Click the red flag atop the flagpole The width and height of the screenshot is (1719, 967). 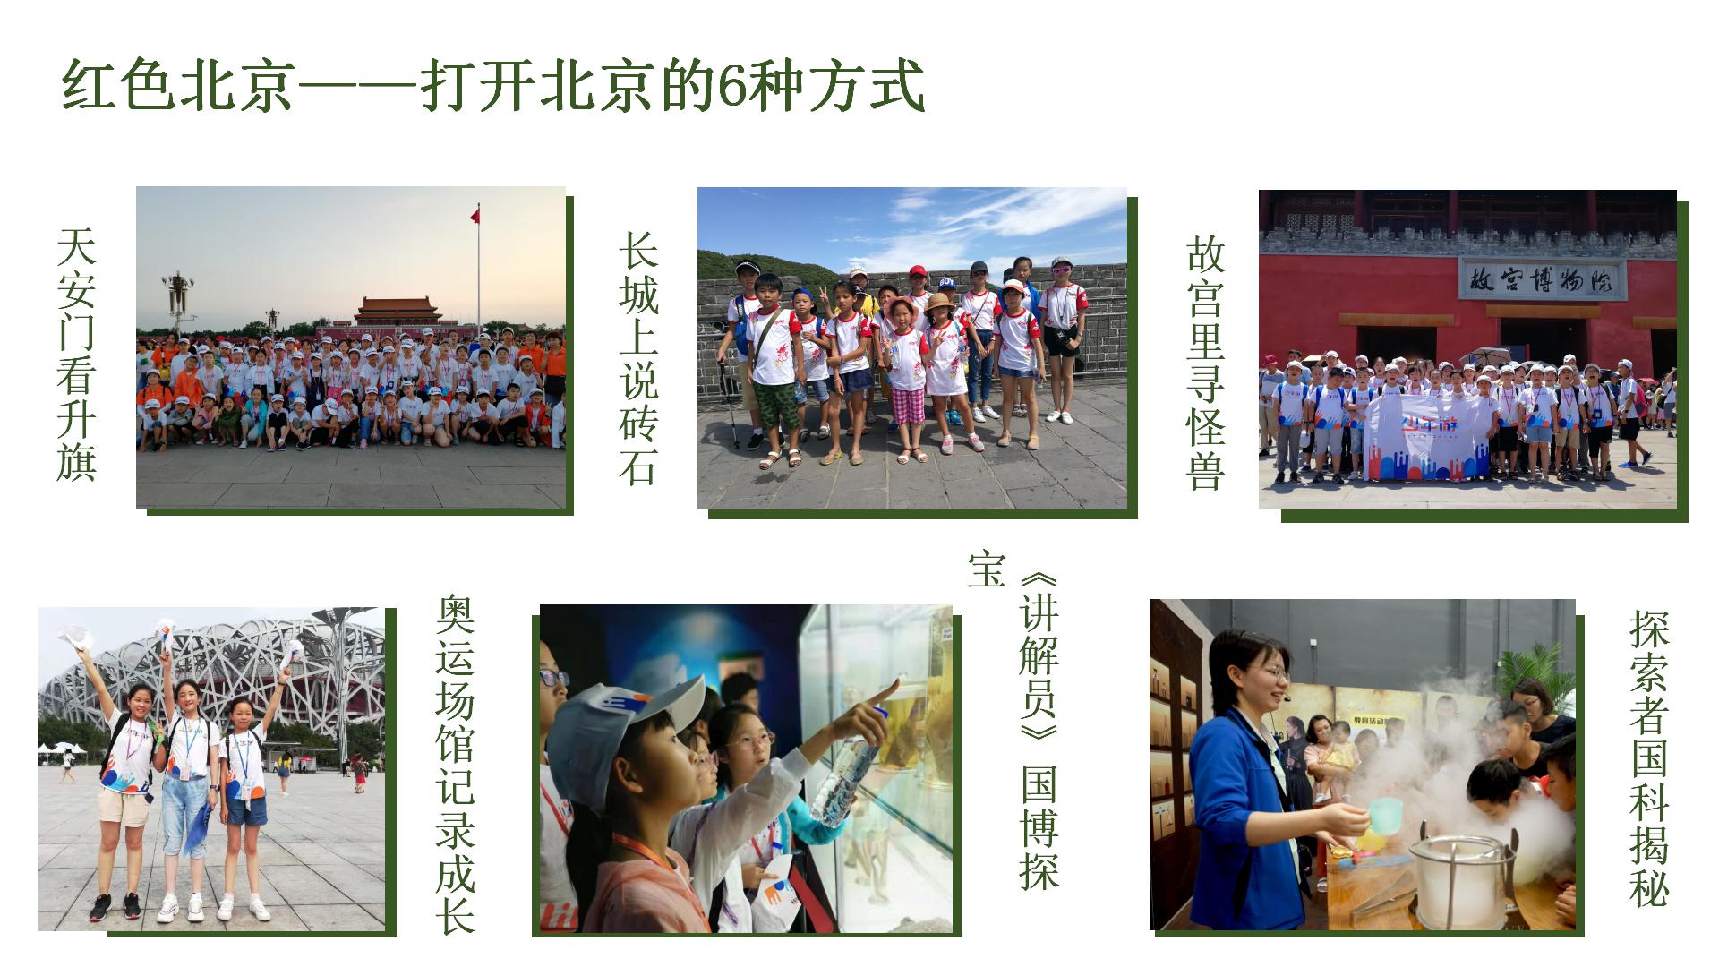[x=475, y=214]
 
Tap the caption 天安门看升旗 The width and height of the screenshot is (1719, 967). [x=76, y=355]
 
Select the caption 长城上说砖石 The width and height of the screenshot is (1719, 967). [x=638, y=359]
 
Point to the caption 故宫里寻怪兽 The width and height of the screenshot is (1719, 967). [x=1205, y=364]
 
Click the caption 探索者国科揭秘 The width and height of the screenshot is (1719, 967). [x=1649, y=757]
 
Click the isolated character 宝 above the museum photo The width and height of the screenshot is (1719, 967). [x=987, y=569]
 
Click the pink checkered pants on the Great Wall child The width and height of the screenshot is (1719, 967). [x=907, y=406]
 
